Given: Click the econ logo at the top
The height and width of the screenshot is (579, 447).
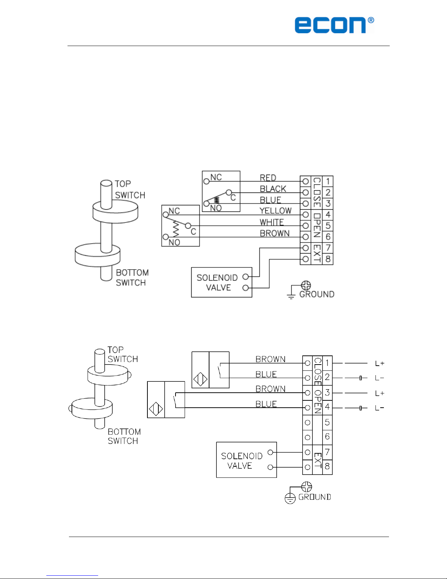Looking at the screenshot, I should tap(331, 25).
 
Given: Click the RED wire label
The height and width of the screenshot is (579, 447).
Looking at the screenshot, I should tap(268, 178).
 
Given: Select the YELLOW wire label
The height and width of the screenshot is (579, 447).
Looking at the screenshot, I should tap(275, 211).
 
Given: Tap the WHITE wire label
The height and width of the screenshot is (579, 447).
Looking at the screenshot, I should tap(271, 222).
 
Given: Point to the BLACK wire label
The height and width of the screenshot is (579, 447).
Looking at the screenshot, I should tap(273, 189).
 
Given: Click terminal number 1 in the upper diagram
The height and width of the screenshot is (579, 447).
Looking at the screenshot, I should tap(328, 181).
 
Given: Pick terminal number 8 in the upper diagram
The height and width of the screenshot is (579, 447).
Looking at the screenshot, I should tap(328, 259).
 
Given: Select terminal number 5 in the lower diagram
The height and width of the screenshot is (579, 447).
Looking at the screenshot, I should tap(327, 422).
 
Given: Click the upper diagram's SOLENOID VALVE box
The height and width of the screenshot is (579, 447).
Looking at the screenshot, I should tap(221, 282).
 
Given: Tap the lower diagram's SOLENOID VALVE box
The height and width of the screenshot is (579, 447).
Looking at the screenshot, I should tap(246, 460).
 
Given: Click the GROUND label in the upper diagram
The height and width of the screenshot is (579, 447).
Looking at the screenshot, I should tap(317, 294).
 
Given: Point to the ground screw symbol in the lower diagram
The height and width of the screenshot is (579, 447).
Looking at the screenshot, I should tap(307, 487).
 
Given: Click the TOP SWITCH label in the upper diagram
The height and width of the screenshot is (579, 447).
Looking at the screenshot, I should tap(130, 189).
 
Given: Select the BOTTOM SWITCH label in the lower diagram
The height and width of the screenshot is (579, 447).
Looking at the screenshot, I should tap(124, 436).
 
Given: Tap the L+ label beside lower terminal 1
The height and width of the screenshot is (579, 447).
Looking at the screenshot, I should tap(380, 363).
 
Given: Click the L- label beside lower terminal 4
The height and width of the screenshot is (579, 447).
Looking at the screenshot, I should tap(379, 408).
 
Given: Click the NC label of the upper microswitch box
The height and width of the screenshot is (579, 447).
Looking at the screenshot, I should tap(216, 177).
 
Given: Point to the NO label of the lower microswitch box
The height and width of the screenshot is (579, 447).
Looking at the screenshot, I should tap(174, 242).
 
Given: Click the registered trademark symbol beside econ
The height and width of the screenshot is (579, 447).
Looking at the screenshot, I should tap(371, 20).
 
